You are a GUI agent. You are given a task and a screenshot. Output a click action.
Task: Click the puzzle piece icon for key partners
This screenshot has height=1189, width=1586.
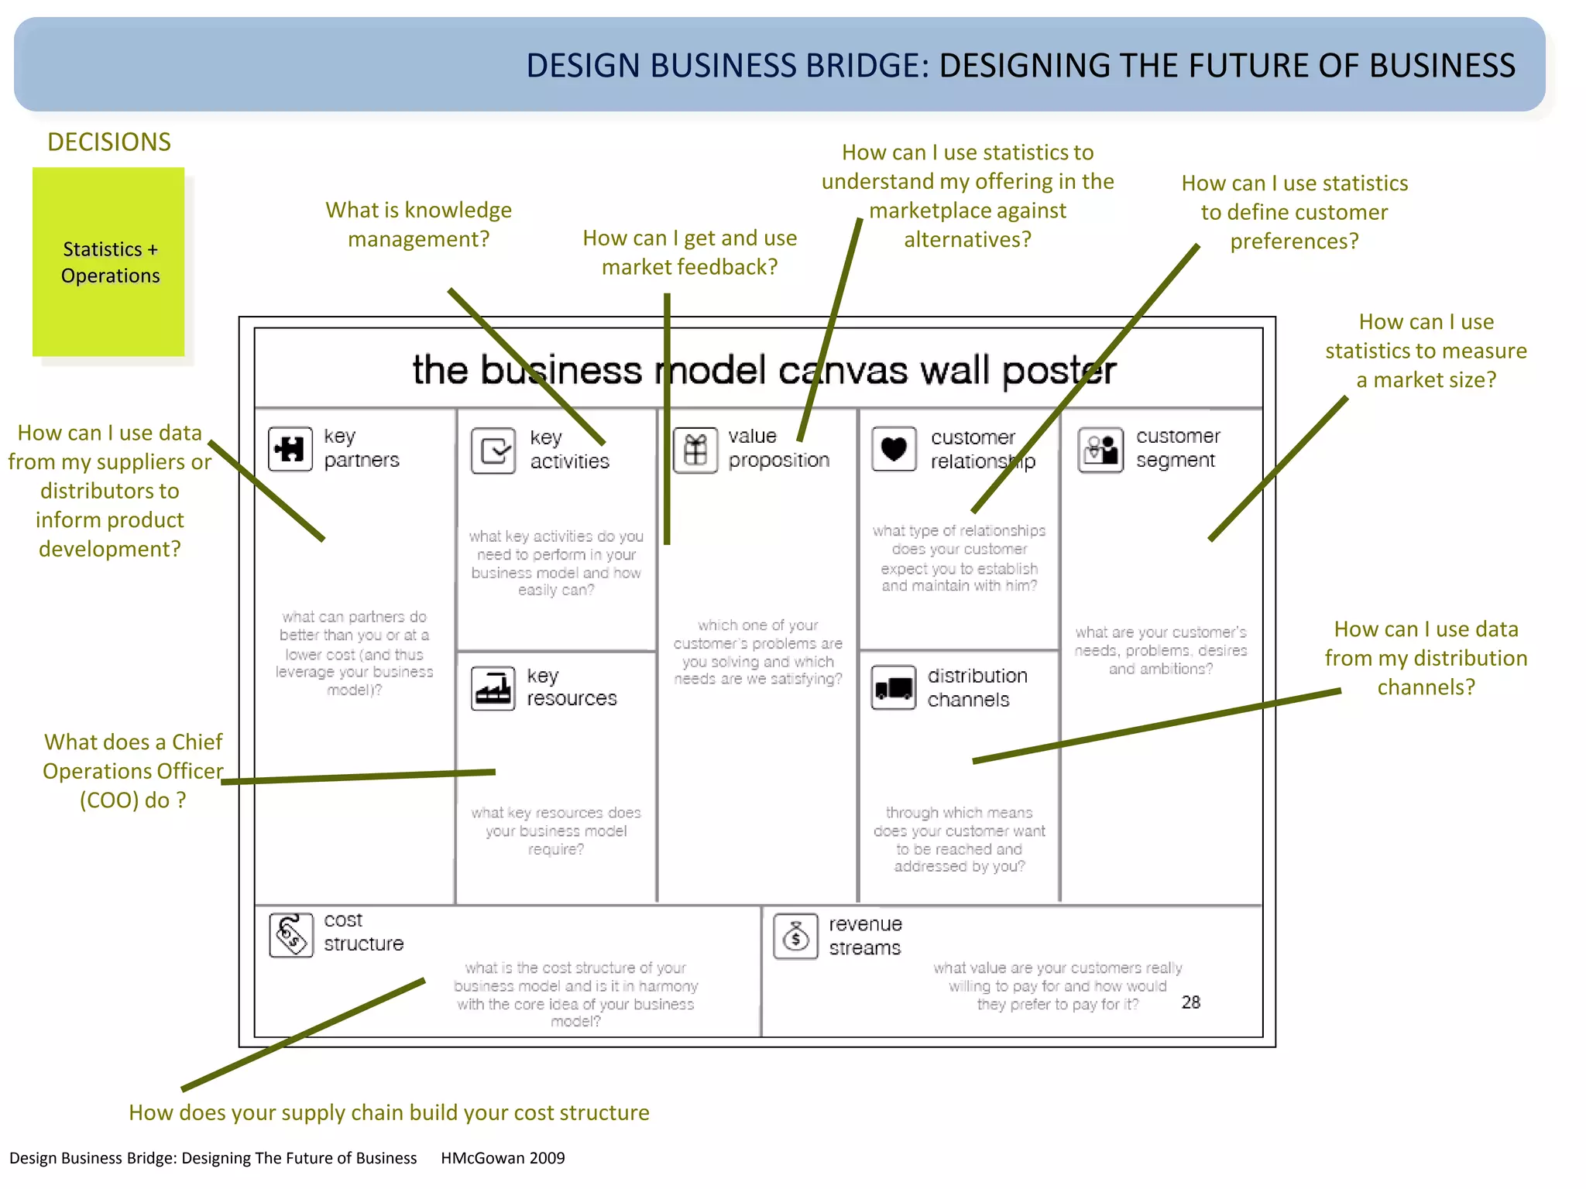pyautogui.click(x=290, y=448)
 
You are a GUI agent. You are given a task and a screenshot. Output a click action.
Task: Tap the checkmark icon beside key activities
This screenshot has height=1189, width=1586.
pyautogui.click(x=493, y=450)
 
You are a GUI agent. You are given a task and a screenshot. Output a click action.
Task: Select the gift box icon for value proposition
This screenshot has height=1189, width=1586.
pyautogui.click(x=695, y=450)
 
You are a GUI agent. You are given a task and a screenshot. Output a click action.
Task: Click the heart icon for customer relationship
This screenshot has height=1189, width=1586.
pyautogui.click(x=894, y=448)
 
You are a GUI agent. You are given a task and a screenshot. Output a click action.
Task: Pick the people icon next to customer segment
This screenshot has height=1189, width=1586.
pyautogui.click(x=1100, y=449)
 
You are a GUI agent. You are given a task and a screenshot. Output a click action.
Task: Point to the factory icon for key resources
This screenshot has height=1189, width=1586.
pyautogui.click(x=493, y=687)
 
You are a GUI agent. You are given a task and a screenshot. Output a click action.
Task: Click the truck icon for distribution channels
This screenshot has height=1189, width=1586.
pyautogui.click(x=893, y=687)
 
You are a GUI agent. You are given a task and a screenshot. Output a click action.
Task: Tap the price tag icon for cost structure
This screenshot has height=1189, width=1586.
pyautogui.click(x=291, y=934)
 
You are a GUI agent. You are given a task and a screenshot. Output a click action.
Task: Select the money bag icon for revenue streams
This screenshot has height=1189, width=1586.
pyautogui.click(x=795, y=937)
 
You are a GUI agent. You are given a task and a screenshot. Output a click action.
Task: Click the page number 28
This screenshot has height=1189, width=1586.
pyautogui.click(x=1190, y=1002)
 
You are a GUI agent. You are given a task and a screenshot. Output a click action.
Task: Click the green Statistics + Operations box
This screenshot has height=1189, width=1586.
pyautogui.click(x=108, y=262)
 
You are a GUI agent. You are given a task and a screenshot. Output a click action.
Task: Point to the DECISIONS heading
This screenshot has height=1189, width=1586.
pyautogui.click(x=109, y=142)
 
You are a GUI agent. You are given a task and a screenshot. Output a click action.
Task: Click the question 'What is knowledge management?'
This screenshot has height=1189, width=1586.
pyautogui.click(x=418, y=224)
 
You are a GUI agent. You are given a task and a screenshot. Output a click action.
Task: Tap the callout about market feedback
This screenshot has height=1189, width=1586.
pyautogui.click(x=689, y=252)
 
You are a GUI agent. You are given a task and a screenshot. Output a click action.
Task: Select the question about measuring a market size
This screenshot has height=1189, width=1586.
pyautogui.click(x=1426, y=351)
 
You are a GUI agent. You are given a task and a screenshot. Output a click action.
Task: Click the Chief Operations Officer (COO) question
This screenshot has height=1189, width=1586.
pyautogui.click(x=133, y=771)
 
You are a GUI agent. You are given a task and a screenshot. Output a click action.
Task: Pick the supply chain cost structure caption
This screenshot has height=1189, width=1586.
pyautogui.click(x=389, y=1112)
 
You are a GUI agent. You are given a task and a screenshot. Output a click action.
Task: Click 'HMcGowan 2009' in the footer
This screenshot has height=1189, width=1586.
pyautogui.click(x=503, y=1158)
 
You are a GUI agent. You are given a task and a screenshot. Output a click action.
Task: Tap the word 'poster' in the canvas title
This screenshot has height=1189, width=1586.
pyautogui.click(x=1059, y=370)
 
